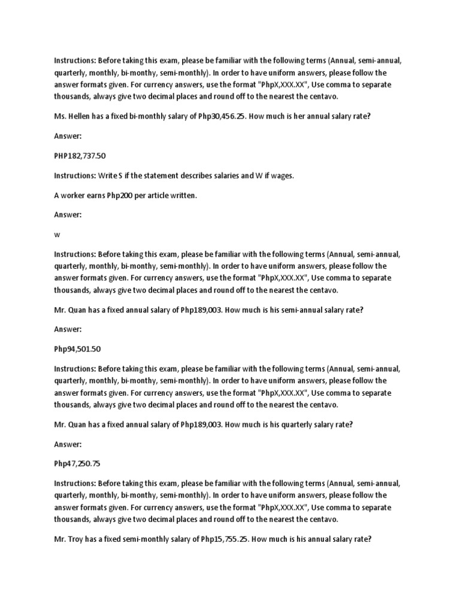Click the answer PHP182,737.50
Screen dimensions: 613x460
click(80, 156)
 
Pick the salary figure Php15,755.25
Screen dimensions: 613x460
click(219, 539)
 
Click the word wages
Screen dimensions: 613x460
click(282, 175)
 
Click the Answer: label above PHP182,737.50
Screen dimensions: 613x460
click(68, 136)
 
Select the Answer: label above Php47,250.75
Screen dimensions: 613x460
click(68, 444)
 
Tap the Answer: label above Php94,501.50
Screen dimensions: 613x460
click(68, 329)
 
